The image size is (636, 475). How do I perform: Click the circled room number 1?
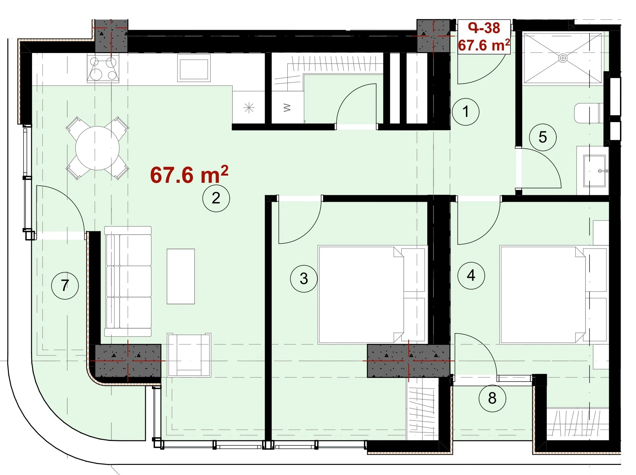465,112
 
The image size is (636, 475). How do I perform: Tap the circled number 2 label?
216,198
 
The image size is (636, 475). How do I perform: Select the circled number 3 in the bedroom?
304,279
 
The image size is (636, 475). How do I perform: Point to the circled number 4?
471,275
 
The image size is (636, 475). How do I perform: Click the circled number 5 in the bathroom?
543,137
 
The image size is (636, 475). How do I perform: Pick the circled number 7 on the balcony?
65,286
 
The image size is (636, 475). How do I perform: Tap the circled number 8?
492,398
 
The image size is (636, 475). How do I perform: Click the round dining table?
97,148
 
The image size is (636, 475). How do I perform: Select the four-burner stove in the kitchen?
103,68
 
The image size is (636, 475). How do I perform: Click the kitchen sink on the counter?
194,68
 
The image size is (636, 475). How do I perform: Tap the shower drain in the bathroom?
563,58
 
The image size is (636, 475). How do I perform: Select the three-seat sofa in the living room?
128,281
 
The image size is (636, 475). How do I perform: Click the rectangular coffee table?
181,276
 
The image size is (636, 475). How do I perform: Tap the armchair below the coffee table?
189,355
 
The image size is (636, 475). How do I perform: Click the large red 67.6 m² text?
189,175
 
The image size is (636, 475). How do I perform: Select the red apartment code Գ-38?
484,28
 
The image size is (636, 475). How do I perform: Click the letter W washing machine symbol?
287,107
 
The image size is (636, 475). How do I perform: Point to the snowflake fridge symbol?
249,107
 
